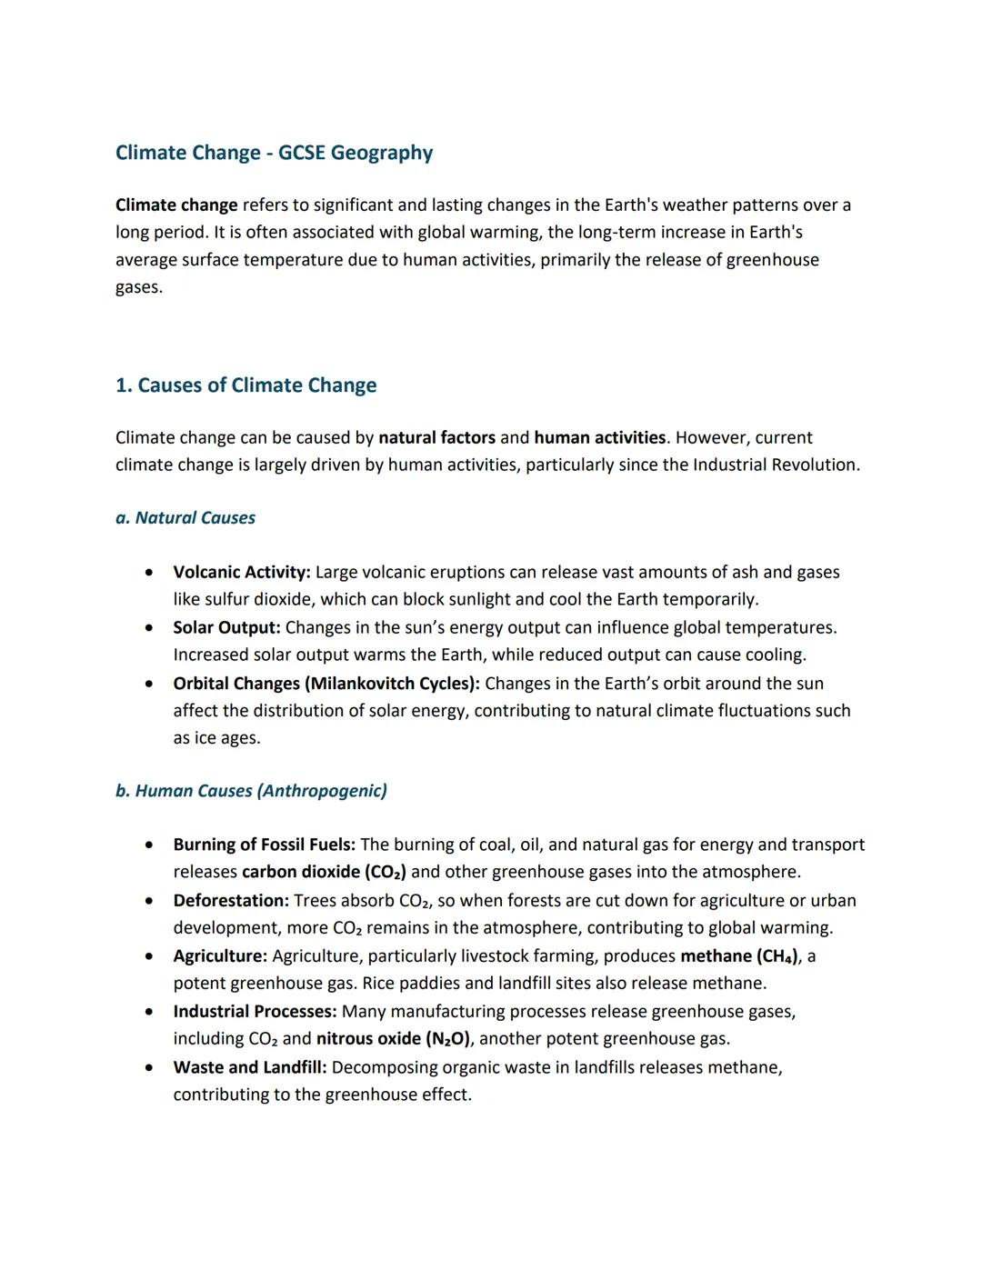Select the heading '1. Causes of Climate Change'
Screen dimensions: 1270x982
245,385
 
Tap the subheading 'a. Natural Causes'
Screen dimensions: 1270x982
185,518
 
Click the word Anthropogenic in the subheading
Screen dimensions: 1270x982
323,791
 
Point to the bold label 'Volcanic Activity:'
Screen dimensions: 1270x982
242,573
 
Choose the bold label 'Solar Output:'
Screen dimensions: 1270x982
226,628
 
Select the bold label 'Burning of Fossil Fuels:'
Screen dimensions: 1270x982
264,845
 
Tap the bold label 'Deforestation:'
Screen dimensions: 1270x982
231,901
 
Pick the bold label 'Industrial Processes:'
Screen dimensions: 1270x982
255,1012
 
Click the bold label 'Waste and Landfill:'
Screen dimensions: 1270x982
250,1067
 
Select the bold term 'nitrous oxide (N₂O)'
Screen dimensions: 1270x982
394,1039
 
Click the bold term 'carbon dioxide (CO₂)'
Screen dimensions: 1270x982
324,873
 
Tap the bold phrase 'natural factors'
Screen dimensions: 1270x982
436,438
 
